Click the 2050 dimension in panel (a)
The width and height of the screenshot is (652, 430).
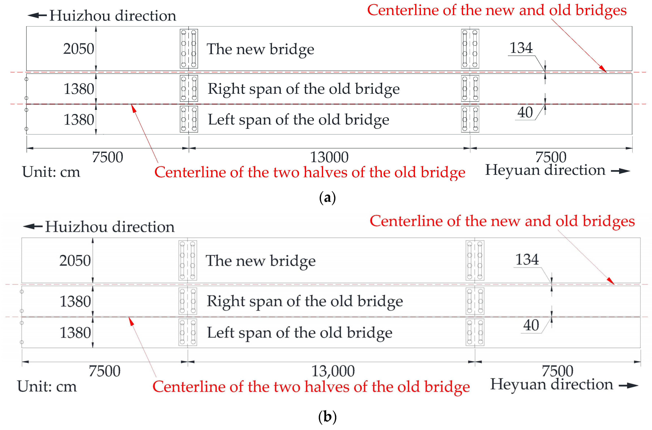coord(79,49)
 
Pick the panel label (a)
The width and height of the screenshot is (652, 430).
coord(327,197)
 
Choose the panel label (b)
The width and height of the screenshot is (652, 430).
coord(327,417)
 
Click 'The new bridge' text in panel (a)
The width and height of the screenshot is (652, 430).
coord(260,49)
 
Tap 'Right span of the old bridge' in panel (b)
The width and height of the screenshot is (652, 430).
coord(305,301)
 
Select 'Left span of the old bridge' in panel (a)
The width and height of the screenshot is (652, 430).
coord(299,120)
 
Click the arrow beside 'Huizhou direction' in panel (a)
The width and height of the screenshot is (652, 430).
coord(37,15)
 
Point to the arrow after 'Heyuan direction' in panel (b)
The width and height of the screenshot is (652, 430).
coord(628,386)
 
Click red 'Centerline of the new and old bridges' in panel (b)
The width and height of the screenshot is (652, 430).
coord(502,221)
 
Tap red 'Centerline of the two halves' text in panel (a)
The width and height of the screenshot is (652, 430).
coord(310,172)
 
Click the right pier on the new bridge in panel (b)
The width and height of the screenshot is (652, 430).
coord(475,260)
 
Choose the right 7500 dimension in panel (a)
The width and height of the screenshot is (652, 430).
coord(551,157)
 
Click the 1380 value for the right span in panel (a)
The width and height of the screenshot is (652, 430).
coord(79,89)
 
